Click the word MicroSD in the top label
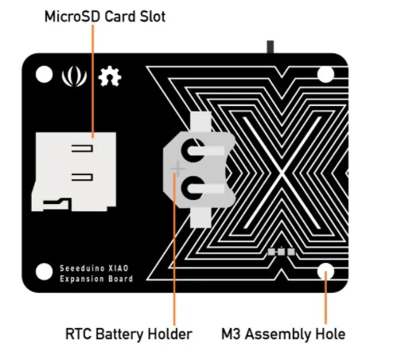(72, 17)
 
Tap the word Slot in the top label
(153, 17)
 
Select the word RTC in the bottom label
(78, 334)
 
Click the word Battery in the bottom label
(119, 335)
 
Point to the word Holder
(169, 334)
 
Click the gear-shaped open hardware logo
(110, 76)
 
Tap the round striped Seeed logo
(74, 76)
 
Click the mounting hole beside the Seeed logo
(44, 74)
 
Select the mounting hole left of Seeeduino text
(44, 272)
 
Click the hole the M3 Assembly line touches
(325, 272)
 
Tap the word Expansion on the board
(78, 280)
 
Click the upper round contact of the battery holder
(193, 151)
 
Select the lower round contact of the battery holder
(193, 188)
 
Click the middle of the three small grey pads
(281, 252)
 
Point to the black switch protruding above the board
(271, 47)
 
